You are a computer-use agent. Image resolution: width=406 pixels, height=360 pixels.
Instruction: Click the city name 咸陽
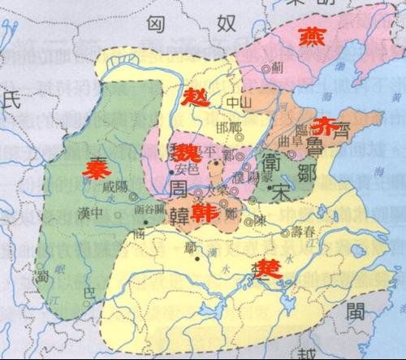tap(116, 186)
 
